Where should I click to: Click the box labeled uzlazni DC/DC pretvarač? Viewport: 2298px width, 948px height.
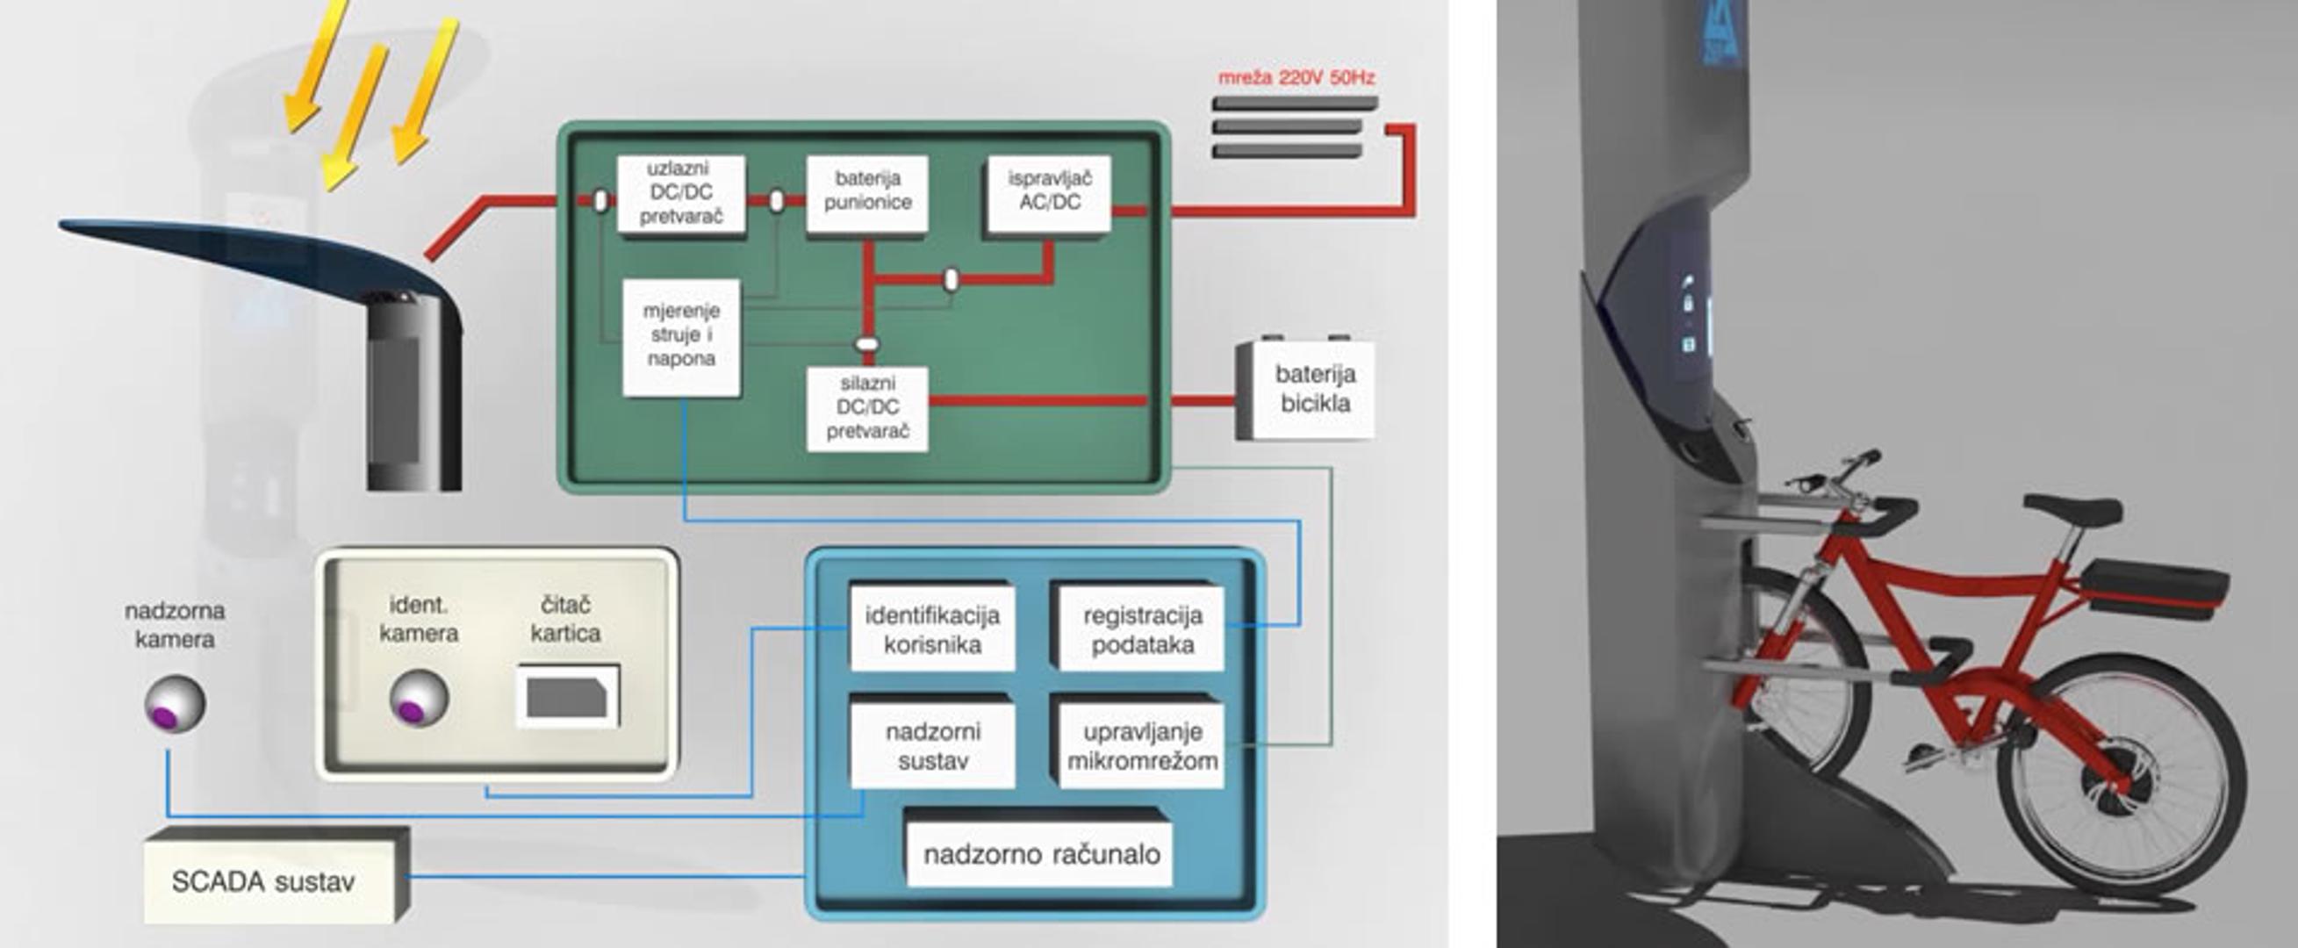(x=680, y=193)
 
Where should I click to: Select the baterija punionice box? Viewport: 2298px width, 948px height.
(x=867, y=192)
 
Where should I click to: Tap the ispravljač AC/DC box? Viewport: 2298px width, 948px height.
(x=1049, y=192)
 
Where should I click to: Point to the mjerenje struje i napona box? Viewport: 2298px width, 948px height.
(x=681, y=336)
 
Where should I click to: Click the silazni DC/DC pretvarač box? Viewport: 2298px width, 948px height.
(x=867, y=408)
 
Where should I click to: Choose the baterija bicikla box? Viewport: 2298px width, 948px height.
(x=1314, y=391)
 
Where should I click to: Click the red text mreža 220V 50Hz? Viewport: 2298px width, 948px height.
(x=1296, y=77)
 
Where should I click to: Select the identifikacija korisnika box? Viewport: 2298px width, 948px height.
(x=932, y=628)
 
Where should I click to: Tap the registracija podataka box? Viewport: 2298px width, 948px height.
(x=1142, y=628)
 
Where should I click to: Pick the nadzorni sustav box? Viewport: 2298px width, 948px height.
(x=932, y=745)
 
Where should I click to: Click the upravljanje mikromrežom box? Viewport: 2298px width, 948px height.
(x=1142, y=745)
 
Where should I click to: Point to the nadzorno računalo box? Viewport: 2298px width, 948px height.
(x=1040, y=854)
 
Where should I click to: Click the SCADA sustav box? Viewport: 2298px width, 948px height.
(x=264, y=881)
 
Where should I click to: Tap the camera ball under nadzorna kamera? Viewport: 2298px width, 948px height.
(x=175, y=704)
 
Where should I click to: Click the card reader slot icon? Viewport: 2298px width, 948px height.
(x=568, y=695)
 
